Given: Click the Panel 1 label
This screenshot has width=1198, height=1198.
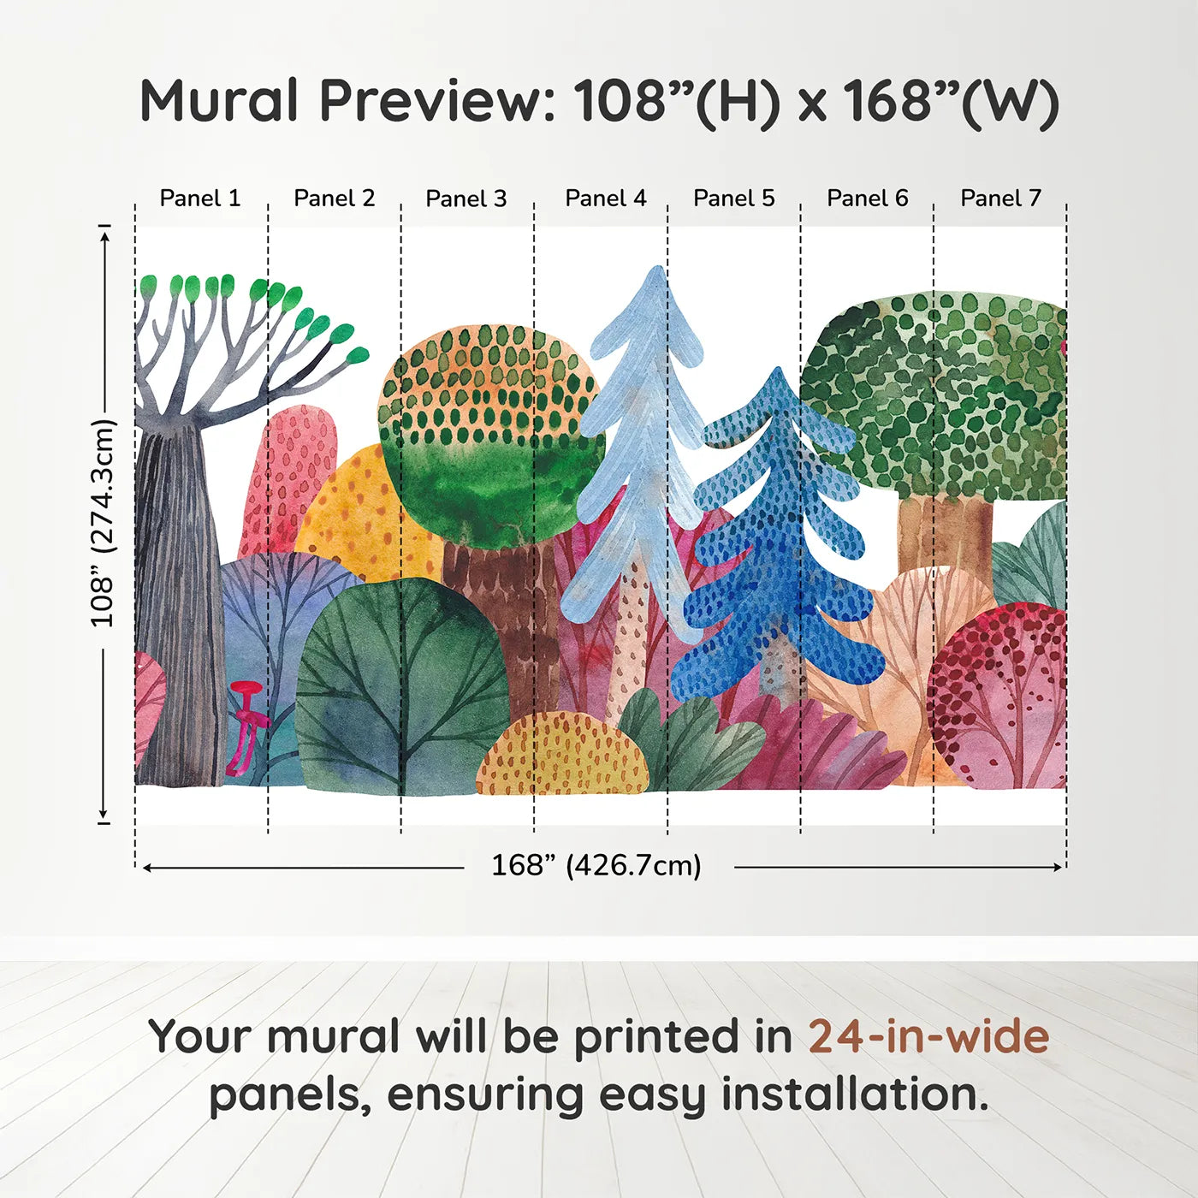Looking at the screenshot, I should coord(200,199).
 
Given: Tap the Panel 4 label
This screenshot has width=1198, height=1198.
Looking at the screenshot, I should coord(605,199).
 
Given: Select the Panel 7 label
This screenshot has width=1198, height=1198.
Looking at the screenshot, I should coord(1000,199).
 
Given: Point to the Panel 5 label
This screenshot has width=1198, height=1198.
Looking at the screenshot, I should coord(733,199).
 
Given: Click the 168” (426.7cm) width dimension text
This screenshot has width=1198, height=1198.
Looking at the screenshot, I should coord(596,865).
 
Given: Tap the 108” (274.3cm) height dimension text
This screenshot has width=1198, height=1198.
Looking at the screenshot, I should coord(103,523).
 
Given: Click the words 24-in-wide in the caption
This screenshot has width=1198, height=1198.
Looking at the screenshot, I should coord(928,1036).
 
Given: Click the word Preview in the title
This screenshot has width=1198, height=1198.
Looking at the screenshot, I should coord(437,101).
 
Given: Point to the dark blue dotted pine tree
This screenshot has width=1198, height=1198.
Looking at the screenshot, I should coord(774,548).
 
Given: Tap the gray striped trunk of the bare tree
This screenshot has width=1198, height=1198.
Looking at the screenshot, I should coord(175,599).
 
